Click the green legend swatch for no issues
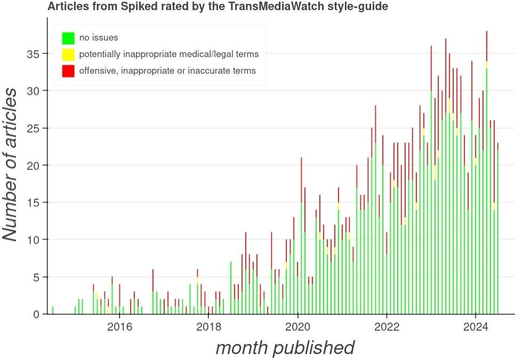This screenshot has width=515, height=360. (68, 38)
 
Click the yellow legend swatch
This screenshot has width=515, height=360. (68, 54)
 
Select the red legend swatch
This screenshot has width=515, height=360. (68, 70)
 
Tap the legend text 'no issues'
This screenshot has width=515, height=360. (99, 38)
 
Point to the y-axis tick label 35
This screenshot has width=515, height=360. (33, 54)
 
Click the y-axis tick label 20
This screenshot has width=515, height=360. (33, 165)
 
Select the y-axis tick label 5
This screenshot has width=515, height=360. (36, 277)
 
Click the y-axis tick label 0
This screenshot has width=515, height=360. (36, 315)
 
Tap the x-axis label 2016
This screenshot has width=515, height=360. (119, 326)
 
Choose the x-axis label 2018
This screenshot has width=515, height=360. (209, 326)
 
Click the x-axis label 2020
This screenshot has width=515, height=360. (298, 326)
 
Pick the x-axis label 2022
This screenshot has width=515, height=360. (387, 326)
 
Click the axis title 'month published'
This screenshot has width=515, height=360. (285, 348)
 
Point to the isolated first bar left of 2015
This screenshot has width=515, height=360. (52, 310)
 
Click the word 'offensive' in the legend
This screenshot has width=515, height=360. (96, 70)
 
